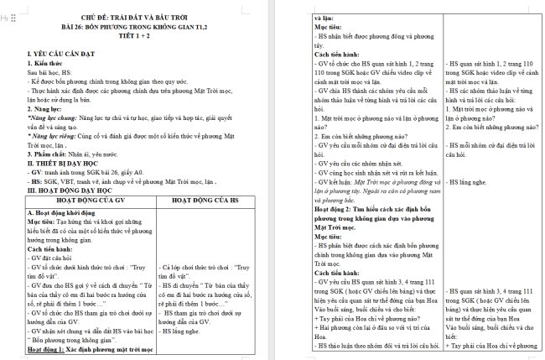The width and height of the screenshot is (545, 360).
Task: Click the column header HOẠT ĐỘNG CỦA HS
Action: point(210,201)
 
